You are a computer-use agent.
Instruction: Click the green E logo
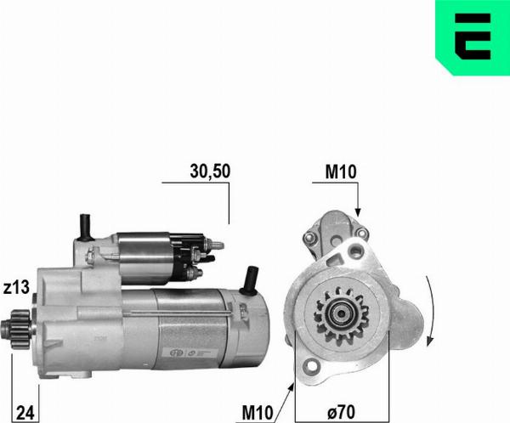(472, 37)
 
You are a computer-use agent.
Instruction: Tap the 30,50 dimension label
(208, 171)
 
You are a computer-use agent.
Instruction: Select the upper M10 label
(342, 171)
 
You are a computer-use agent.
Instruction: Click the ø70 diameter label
(341, 413)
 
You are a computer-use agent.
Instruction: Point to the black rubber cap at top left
(85, 224)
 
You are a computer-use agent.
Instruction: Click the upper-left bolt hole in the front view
(309, 234)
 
